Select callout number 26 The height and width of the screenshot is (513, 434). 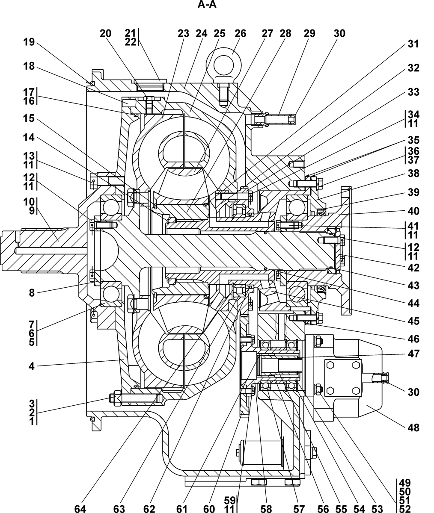[241, 33]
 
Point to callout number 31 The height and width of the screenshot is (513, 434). [413, 44]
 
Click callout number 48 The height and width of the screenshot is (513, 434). [413, 427]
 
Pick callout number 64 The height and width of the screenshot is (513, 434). [80, 508]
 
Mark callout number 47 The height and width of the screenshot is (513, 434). [413, 354]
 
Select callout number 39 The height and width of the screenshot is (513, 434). [413, 192]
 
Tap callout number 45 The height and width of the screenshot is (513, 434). [413, 321]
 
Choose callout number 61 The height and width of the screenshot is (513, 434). [182, 508]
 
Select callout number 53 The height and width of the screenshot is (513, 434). [377, 508]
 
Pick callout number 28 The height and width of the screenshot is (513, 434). [285, 33]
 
